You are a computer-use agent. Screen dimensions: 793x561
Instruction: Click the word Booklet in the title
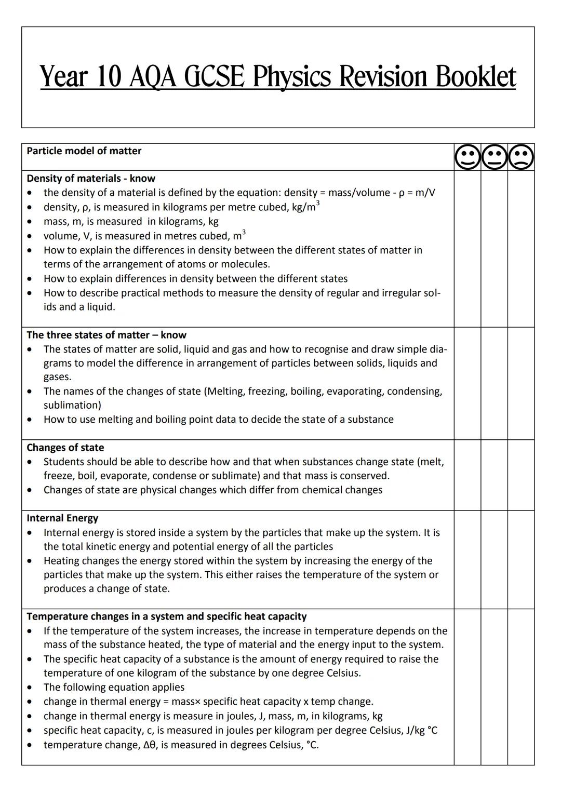point(475,77)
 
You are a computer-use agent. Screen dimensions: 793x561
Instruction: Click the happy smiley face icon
point(468,157)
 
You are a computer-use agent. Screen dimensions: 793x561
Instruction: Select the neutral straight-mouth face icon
point(494,157)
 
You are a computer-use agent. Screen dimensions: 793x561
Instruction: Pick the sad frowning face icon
point(521,157)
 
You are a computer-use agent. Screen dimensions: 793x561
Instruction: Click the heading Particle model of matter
point(84,151)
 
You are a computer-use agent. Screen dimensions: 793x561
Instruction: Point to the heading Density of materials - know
point(91,178)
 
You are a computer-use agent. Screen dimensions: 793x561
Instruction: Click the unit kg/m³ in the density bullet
point(305,207)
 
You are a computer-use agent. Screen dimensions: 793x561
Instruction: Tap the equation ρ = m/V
point(417,193)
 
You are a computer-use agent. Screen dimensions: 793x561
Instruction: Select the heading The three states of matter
point(106,335)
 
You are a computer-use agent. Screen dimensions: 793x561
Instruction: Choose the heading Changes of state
point(65,448)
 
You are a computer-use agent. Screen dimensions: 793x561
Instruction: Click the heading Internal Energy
point(62,518)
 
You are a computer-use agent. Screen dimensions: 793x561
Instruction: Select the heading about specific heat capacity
point(166,616)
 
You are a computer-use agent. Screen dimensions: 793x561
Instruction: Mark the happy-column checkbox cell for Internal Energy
point(468,559)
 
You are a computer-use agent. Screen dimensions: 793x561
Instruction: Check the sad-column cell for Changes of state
point(521,475)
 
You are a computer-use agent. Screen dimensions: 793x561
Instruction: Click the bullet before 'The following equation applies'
point(31,688)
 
